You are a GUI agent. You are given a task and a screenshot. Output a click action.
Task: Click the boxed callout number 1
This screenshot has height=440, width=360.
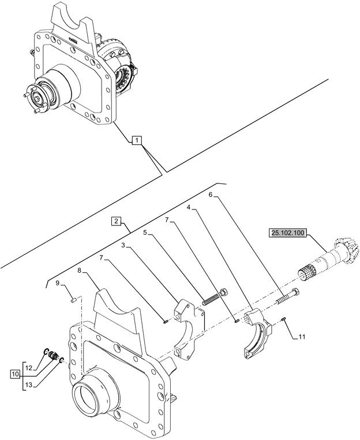tap(137, 140)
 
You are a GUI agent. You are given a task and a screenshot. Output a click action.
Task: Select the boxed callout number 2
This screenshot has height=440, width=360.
tap(117, 221)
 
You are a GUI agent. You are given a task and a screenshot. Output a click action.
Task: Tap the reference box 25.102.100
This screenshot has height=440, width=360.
tap(288, 233)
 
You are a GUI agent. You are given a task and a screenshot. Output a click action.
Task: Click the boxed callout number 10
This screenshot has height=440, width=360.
tap(15, 374)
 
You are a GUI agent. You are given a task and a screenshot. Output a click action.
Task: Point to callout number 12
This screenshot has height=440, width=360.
tap(29, 367)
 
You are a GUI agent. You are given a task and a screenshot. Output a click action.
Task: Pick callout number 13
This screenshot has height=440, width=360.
tap(29, 385)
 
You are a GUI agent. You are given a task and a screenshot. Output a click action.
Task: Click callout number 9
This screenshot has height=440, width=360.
tap(57, 283)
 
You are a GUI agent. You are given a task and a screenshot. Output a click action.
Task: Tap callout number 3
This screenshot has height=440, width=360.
tap(123, 246)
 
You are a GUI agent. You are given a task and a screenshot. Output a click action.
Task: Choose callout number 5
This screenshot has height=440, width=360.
tap(145, 232)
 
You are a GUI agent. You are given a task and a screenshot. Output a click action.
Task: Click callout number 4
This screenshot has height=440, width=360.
tap(189, 207)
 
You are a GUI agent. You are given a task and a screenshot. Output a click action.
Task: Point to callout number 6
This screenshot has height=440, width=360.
tap(211, 194)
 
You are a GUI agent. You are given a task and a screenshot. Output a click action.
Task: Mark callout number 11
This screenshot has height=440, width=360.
tap(302, 337)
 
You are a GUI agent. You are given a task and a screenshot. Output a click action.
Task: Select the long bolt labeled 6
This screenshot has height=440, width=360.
tap(287, 296)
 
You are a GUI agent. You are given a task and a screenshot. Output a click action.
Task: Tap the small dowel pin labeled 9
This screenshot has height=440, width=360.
tap(74, 300)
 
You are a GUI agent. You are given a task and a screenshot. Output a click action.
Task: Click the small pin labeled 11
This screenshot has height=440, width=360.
tap(284, 318)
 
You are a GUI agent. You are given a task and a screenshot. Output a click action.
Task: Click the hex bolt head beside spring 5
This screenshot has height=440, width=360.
tap(224, 292)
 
